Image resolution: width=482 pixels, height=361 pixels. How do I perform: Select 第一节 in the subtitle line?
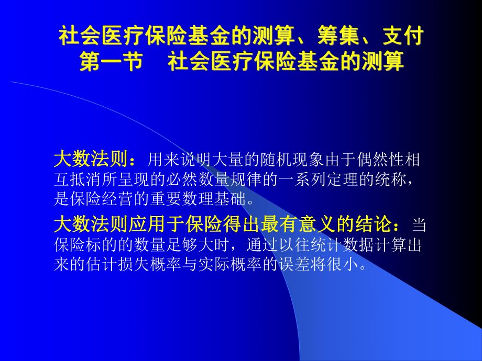pyautogui.click(x=111, y=61)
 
